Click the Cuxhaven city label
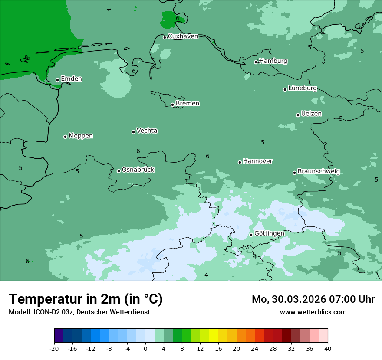click(183, 36)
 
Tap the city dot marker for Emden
click(57, 80)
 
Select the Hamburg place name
click(273, 61)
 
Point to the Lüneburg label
click(303, 88)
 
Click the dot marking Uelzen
click(298, 115)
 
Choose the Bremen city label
click(188, 104)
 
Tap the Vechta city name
click(147, 131)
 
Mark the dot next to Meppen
click(65, 137)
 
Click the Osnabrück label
click(138, 170)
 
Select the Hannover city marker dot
click(240, 162)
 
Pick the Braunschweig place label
click(319, 172)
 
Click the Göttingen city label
click(269, 233)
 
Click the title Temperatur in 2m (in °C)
click(86, 299)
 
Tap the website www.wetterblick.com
click(313, 312)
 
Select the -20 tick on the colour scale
click(54, 348)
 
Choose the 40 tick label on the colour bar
click(328, 348)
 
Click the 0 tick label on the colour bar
click(145, 348)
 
